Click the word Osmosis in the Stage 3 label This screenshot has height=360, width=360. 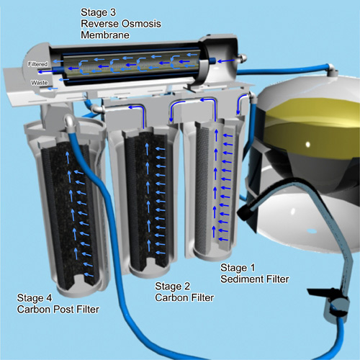click(x=141, y=24)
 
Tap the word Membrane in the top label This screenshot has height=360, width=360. click(x=105, y=35)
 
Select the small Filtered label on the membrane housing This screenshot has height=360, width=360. click(x=37, y=64)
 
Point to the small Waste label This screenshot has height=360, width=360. click(x=39, y=83)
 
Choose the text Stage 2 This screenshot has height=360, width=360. click(x=172, y=287)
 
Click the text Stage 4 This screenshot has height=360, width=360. click(x=35, y=298)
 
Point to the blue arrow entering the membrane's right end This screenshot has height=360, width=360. click(x=226, y=61)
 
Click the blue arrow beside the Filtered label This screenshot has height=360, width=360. click(x=57, y=61)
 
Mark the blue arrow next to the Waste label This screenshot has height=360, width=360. click(x=53, y=89)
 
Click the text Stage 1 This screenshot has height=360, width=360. click(x=238, y=268)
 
